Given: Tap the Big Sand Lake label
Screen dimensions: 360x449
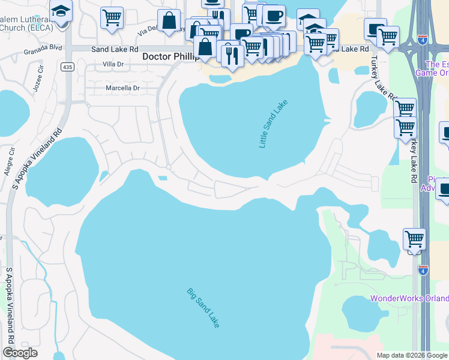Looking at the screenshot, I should [203, 308].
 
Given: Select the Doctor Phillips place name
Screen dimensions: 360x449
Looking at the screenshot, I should [170, 56].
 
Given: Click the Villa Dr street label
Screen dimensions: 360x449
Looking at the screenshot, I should [113, 64].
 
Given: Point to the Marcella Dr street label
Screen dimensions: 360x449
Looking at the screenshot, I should [122, 88].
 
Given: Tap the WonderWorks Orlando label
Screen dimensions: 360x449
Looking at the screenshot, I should [409, 298].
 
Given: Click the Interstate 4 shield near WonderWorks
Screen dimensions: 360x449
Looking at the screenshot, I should [423, 270].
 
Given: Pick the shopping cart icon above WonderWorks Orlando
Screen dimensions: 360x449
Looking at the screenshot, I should [415, 239].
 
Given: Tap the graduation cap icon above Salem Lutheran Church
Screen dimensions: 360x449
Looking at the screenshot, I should [61, 11].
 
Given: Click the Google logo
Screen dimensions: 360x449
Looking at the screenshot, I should [20, 353].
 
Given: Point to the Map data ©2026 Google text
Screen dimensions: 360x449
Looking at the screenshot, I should [412, 355].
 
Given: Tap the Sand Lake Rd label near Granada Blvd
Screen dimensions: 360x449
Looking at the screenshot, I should [115, 49].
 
